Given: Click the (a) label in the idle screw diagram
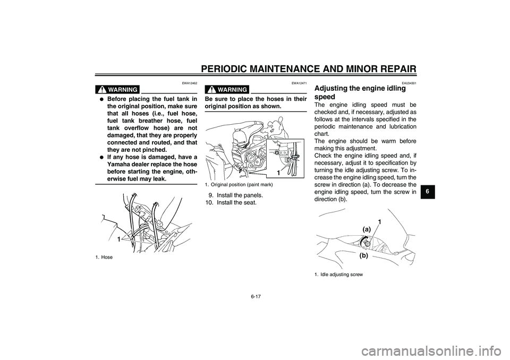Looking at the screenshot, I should tap(367, 228).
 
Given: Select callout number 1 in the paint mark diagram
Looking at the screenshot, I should tap(278, 173).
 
